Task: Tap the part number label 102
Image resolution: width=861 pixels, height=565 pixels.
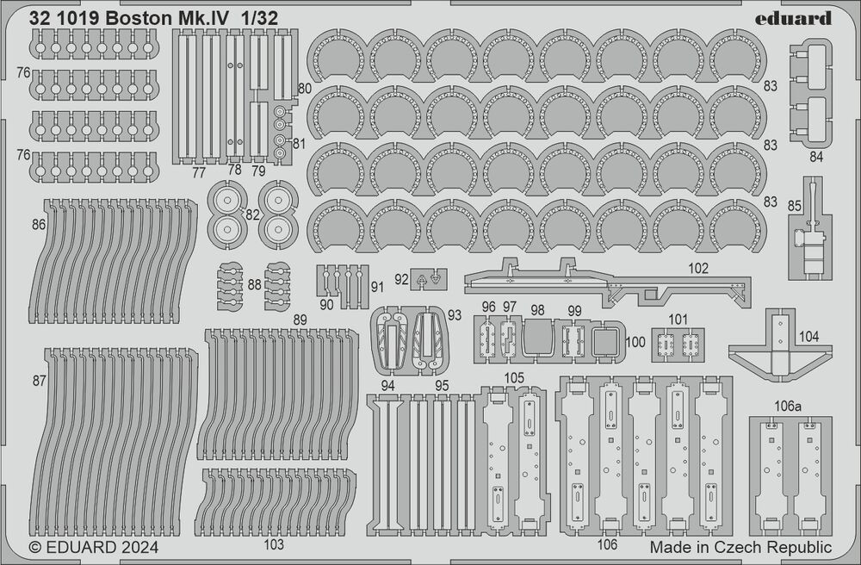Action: pos(698,269)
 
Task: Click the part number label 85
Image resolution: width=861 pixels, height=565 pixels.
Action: pos(795,205)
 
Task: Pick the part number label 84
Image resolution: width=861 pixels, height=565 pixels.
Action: pos(816,157)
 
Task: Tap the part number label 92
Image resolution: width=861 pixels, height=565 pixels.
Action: pos(401,279)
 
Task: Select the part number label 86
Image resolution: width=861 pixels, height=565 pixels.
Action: pos(37,224)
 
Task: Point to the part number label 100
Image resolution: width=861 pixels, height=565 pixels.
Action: pos(635,342)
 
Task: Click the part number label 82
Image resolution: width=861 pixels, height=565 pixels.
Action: pos(252,214)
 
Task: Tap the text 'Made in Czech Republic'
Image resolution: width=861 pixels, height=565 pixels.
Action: pos(740,547)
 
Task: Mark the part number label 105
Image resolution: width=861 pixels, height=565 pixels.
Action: pos(515,378)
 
